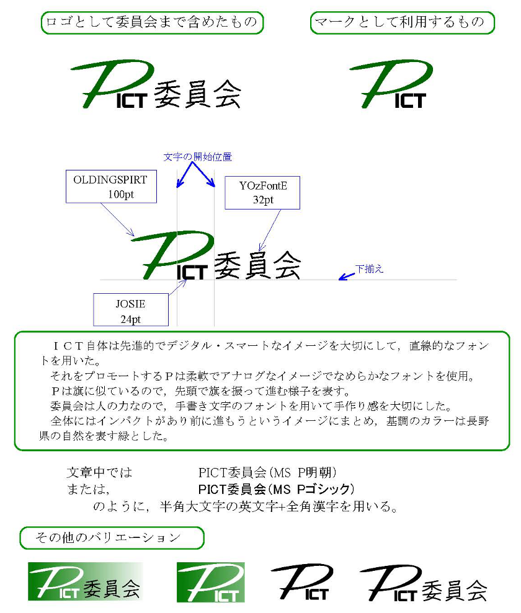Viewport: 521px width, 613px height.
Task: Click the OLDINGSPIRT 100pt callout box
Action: coord(111,187)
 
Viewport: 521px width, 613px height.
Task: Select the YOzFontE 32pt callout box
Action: coord(262,193)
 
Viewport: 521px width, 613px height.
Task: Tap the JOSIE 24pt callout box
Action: coord(131,310)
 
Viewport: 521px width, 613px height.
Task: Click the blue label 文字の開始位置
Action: coord(197,157)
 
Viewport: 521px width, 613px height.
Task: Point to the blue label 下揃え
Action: coord(369,269)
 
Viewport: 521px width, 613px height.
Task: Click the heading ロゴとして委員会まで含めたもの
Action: coord(152,23)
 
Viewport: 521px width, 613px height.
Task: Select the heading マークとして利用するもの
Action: coord(403,23)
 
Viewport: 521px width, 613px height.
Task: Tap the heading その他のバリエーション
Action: coord(112,538)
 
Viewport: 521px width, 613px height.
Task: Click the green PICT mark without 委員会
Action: coord(391,84)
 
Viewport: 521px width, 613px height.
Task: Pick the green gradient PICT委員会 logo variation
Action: coord(85,582)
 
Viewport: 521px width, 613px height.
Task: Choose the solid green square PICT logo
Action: coord(211,583)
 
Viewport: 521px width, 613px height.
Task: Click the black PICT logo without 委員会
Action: coord(301,583)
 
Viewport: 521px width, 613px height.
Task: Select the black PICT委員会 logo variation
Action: coord(423,583)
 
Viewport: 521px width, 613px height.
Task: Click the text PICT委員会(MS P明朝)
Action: coord(267,473)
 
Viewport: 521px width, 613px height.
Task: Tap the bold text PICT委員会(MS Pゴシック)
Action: coord(276,489)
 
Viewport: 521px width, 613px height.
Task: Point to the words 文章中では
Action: coord(99,473)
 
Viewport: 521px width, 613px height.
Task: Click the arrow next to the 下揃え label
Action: coord(347,276)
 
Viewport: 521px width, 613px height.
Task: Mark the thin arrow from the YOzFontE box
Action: coord(270,231)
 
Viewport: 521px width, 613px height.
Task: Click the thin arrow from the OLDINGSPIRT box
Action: coord(117,219)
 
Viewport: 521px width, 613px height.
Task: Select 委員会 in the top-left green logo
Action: coord(197,94)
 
